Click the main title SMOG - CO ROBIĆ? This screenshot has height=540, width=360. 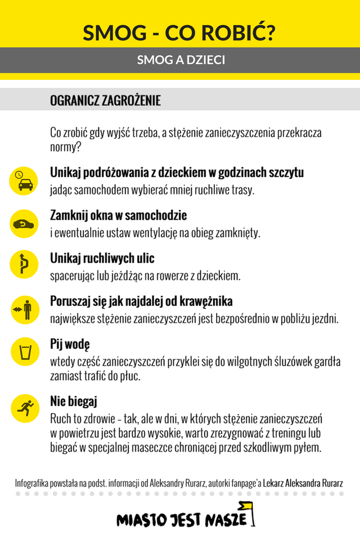click(179, 34)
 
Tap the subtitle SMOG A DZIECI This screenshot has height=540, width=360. click(181, 60)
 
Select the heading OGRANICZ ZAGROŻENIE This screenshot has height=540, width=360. click(105, 101)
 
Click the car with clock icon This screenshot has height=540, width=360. click(24, 181)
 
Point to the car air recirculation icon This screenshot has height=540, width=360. click(24, 223)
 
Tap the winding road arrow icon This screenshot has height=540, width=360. click(24, 265)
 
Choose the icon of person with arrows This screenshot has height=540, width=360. click(24, 309)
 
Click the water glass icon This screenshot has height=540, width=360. click(24, 353)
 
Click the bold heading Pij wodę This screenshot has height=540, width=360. click(70, 344)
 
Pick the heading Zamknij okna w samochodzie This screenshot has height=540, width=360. click(118, 215)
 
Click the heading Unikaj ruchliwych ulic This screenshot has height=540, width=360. click(102, 258)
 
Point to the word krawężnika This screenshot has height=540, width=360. click(205, 301)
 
